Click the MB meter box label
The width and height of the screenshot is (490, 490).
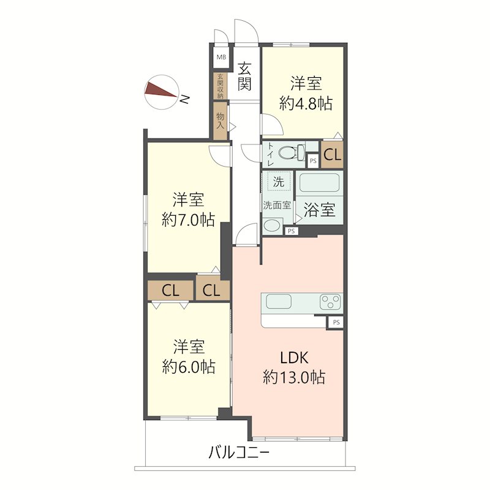221,57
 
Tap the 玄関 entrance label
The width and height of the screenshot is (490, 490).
244,76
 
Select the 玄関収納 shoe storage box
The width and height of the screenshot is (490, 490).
221,86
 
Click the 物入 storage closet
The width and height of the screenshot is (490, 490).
221,121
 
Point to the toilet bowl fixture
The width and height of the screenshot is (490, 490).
291,153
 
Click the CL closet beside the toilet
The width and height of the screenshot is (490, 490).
332,154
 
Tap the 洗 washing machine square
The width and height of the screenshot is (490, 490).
279,181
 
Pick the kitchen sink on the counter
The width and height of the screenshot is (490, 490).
279,301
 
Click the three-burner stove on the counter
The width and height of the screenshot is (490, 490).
330,302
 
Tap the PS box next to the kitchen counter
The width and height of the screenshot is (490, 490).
336,322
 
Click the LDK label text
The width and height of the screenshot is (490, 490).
294,357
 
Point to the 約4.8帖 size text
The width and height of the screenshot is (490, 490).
306,104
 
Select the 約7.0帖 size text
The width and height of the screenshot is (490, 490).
189,220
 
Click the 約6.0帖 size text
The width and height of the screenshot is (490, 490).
189,366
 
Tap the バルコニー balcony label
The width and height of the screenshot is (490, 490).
239,452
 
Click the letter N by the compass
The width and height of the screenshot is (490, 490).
185,99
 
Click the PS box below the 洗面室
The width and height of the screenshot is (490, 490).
292,232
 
